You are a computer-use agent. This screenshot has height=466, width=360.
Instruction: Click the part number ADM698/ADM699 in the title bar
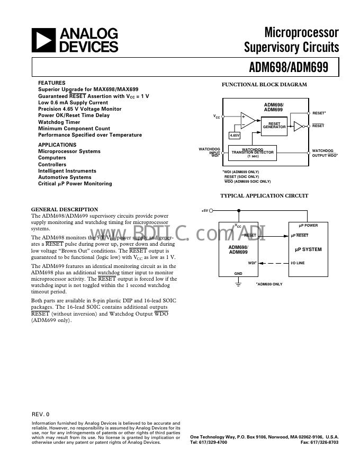tap(289, 67)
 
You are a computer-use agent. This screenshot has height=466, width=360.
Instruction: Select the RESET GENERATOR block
tap(274, 125)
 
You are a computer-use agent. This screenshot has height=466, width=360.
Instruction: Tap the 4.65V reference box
tap(234, 136)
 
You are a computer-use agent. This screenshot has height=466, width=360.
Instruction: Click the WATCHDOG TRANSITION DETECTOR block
tap(253, 153)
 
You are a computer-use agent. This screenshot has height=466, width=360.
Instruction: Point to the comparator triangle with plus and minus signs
tap(247, 121)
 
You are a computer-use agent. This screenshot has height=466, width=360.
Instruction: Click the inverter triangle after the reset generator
tap(298, 126)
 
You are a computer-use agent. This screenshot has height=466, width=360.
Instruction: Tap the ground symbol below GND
tap(238, 284)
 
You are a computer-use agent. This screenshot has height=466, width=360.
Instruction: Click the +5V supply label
tap(205, 211)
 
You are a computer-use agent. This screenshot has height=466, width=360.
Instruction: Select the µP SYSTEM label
tap(308, 249)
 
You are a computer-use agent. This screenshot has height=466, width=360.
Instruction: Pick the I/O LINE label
tap(298, 263)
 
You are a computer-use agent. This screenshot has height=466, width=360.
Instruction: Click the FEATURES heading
tap(52, 83)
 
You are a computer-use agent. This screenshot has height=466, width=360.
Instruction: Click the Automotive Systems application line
tap(65, 177)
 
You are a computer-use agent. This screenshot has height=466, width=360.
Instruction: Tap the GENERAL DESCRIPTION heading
tap(65, 209)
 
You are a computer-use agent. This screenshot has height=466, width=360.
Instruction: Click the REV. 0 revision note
tap(40, 414)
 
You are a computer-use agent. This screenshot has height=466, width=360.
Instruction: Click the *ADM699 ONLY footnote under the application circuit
tap(269, 284)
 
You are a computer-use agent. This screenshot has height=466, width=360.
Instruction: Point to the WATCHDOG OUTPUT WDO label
tap(325, 153)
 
